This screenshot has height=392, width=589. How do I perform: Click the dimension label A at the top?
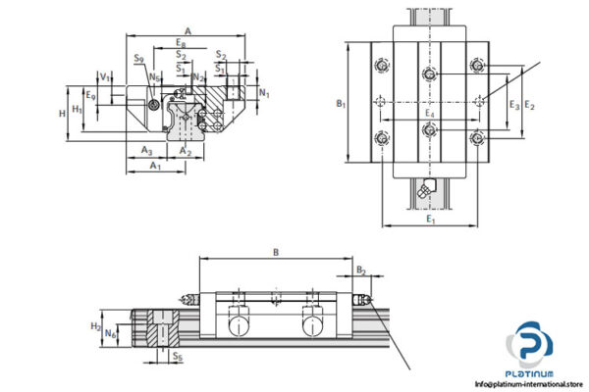(x=187, y=30)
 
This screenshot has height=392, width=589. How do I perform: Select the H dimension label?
(x=63, y=113)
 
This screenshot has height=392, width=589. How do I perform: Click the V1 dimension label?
(x=104, y=75)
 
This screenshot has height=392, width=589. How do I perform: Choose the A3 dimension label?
(x=145, y=150)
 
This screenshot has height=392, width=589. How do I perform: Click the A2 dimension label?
(x=187, y=150)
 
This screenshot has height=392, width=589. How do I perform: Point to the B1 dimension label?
(x=340, y=102)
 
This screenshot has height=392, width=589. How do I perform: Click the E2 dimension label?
(x=530, y=103)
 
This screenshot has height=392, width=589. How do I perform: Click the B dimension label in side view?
(x=276, y=252)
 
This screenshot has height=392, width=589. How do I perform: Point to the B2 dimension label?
(x=360, y=268)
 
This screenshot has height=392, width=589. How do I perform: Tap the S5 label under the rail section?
(x=177, y=357)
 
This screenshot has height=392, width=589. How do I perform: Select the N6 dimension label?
(x=111, y=334)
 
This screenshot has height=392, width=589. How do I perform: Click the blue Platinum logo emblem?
(x=531, y=348)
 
